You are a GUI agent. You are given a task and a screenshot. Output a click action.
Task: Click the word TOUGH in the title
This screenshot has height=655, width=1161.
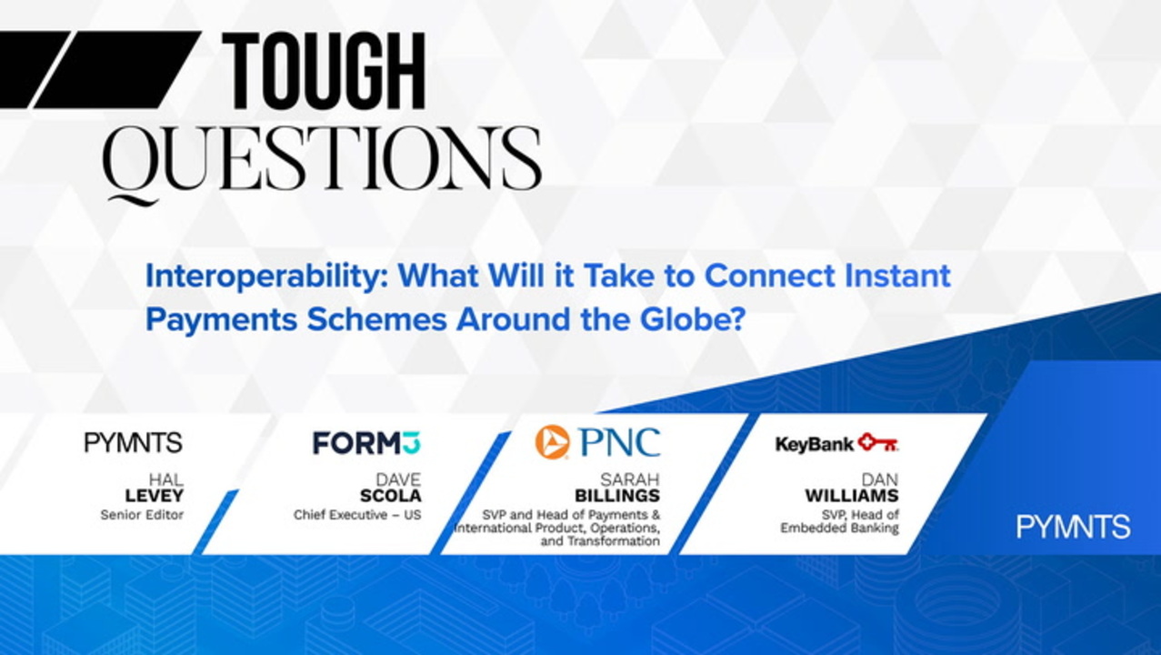(325, 71)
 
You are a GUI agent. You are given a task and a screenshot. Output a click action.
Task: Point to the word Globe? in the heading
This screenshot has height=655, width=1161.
(693, 319)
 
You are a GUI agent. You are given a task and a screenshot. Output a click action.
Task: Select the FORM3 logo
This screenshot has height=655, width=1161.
(367, 443)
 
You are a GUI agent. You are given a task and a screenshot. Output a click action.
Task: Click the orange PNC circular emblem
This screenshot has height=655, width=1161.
(553, 442)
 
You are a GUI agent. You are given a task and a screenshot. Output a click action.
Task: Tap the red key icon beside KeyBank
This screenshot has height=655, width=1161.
(878, 442)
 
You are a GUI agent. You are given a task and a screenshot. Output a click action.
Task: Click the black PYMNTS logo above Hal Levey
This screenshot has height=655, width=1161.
(134, 442)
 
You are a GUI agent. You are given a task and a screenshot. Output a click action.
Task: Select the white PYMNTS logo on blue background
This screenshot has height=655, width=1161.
(1073, 527)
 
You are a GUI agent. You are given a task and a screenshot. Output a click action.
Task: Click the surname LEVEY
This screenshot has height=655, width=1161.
(155, 496)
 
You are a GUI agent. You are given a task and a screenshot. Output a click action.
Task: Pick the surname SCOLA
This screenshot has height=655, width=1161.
(391, 496)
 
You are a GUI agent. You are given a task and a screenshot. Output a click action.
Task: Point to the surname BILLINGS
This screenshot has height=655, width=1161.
(617, 496)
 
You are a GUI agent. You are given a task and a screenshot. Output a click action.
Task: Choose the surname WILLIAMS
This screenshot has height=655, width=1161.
(852, 496)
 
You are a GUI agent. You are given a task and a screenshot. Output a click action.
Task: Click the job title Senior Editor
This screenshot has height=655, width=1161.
(142, 515)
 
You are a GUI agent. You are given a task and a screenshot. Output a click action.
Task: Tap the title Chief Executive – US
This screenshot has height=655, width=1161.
(357, 515)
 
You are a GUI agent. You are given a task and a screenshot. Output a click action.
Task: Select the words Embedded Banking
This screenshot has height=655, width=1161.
(840, 529)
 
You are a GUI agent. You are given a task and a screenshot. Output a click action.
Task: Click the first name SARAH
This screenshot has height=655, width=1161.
(630, 479)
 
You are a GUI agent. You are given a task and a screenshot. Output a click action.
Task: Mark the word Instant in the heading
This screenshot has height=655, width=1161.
(897, 276)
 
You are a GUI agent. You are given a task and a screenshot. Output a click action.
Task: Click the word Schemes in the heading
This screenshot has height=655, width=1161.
(376, 319)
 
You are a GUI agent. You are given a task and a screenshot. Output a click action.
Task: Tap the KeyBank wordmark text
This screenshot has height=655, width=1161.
(815, 445)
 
